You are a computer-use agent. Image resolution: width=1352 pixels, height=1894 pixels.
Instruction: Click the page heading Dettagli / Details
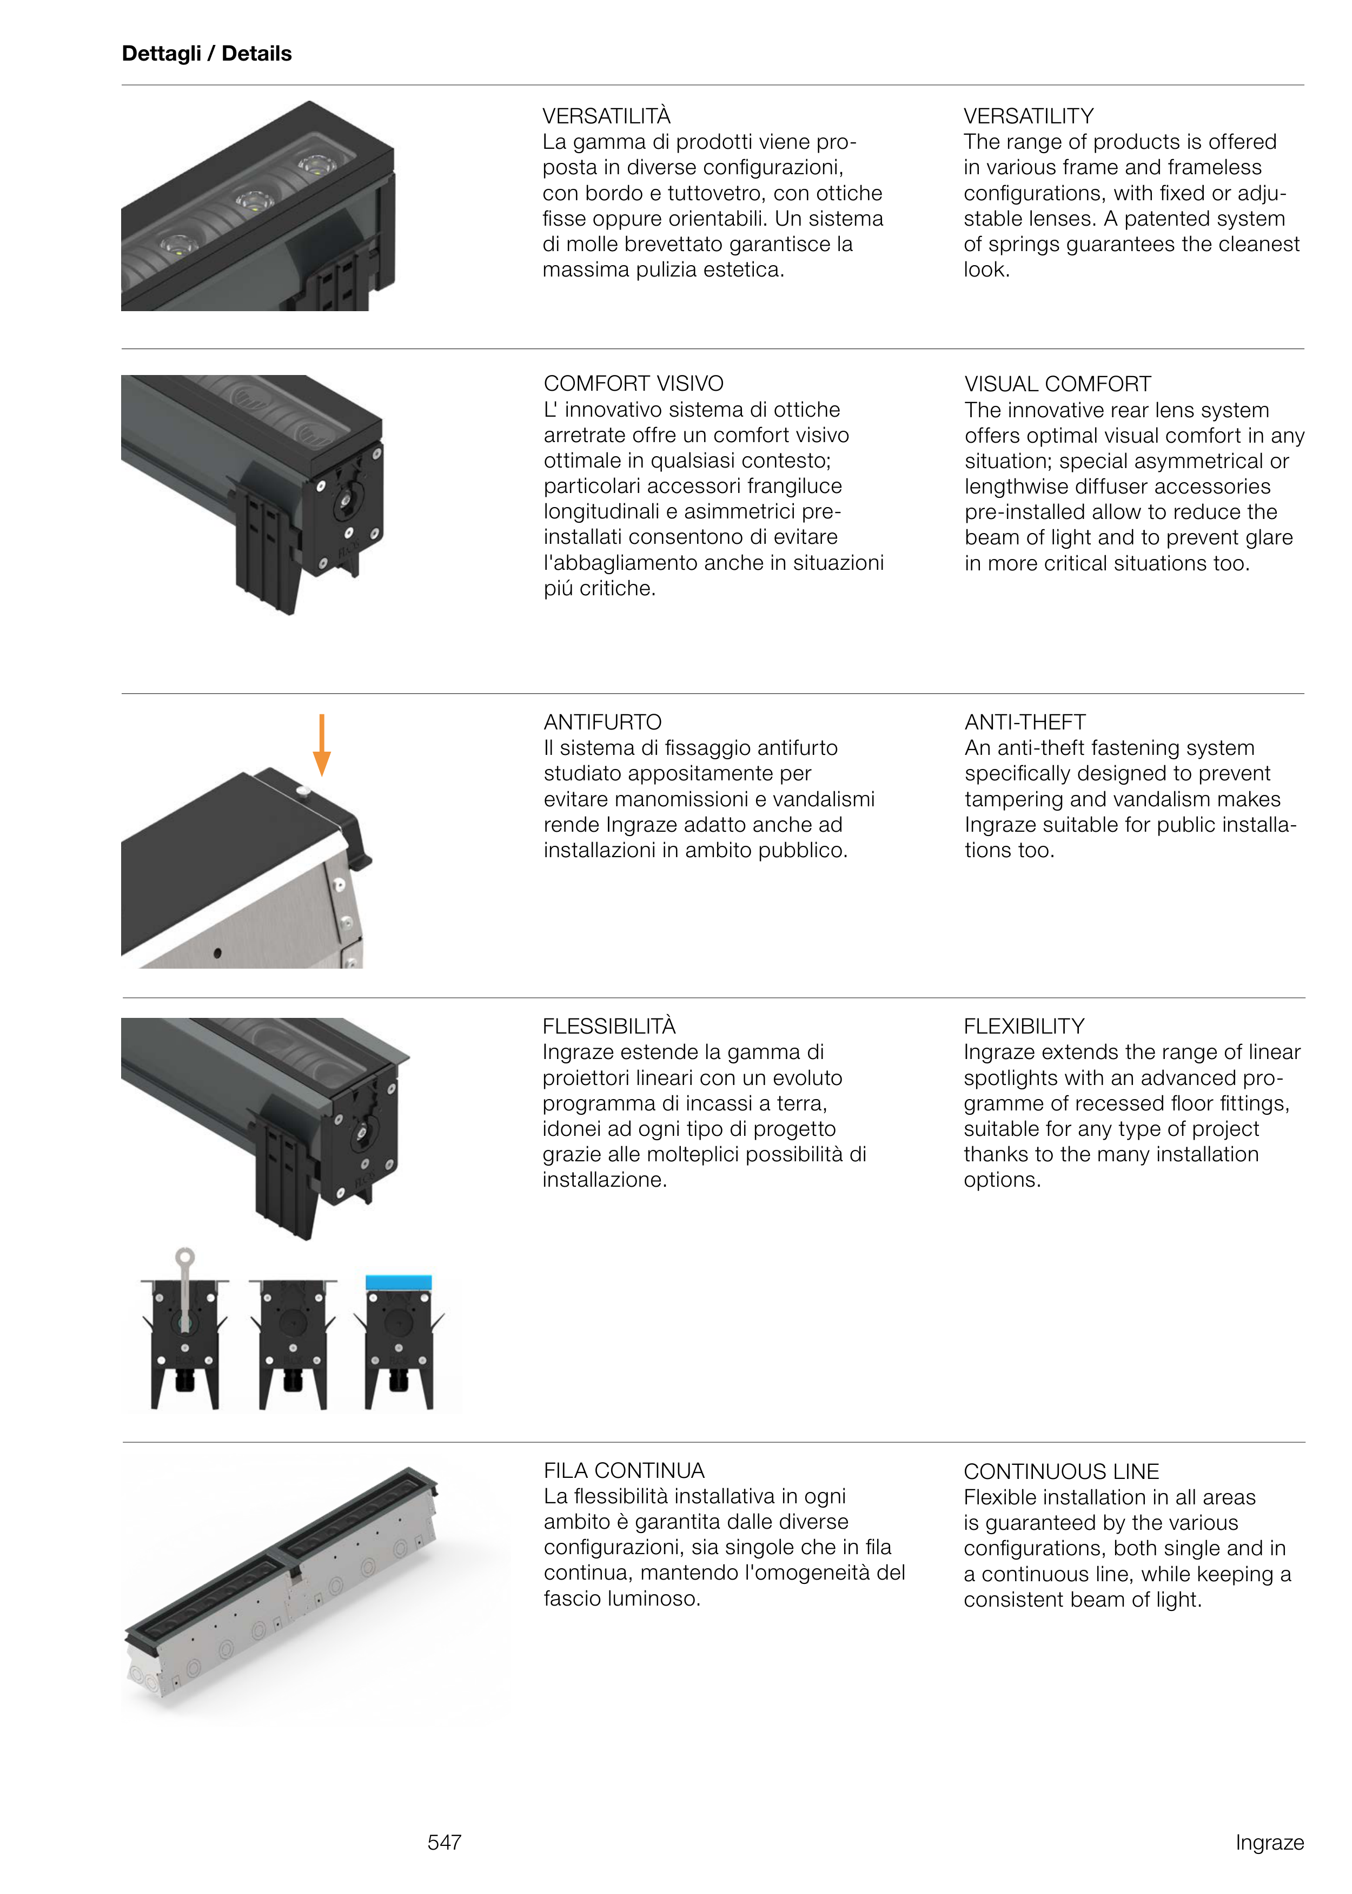click(x=207, y=54)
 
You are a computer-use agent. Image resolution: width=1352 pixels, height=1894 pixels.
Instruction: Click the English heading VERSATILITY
click(x=1028, y=116)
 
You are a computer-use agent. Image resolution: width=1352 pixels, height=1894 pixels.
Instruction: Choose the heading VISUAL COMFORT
click(x=1057, y=384)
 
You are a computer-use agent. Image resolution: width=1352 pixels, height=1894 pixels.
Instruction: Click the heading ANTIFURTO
click(x=603, y=722)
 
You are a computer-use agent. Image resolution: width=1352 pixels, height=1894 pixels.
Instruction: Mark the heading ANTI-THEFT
click(x=1025, y=722)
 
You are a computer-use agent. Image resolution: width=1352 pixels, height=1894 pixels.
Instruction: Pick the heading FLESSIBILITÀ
click(x=608, y=1025)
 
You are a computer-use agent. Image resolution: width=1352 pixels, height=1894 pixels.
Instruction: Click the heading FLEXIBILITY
click(x=1024, y=1026)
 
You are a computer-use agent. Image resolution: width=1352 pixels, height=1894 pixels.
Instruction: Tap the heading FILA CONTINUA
click(x=624, y=1470)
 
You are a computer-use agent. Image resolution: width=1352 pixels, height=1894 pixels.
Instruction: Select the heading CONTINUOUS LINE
click(x=1062, y=1471)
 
